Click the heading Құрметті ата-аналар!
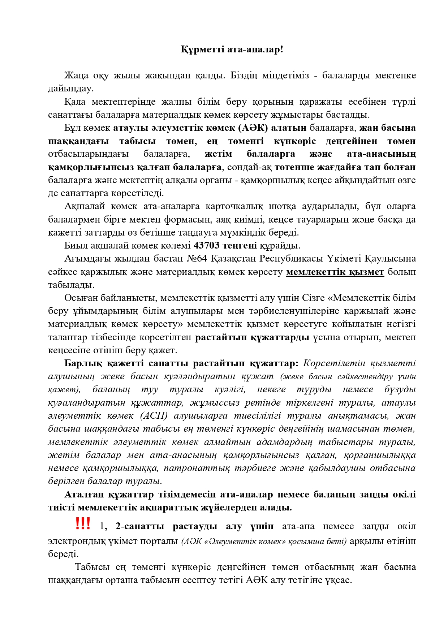[232, 49]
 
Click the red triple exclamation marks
[83, 524]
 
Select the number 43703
[207, 246]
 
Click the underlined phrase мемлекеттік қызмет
[335, 272]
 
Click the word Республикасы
[281, 259]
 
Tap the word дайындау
[71, 89]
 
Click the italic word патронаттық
[197, 468]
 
